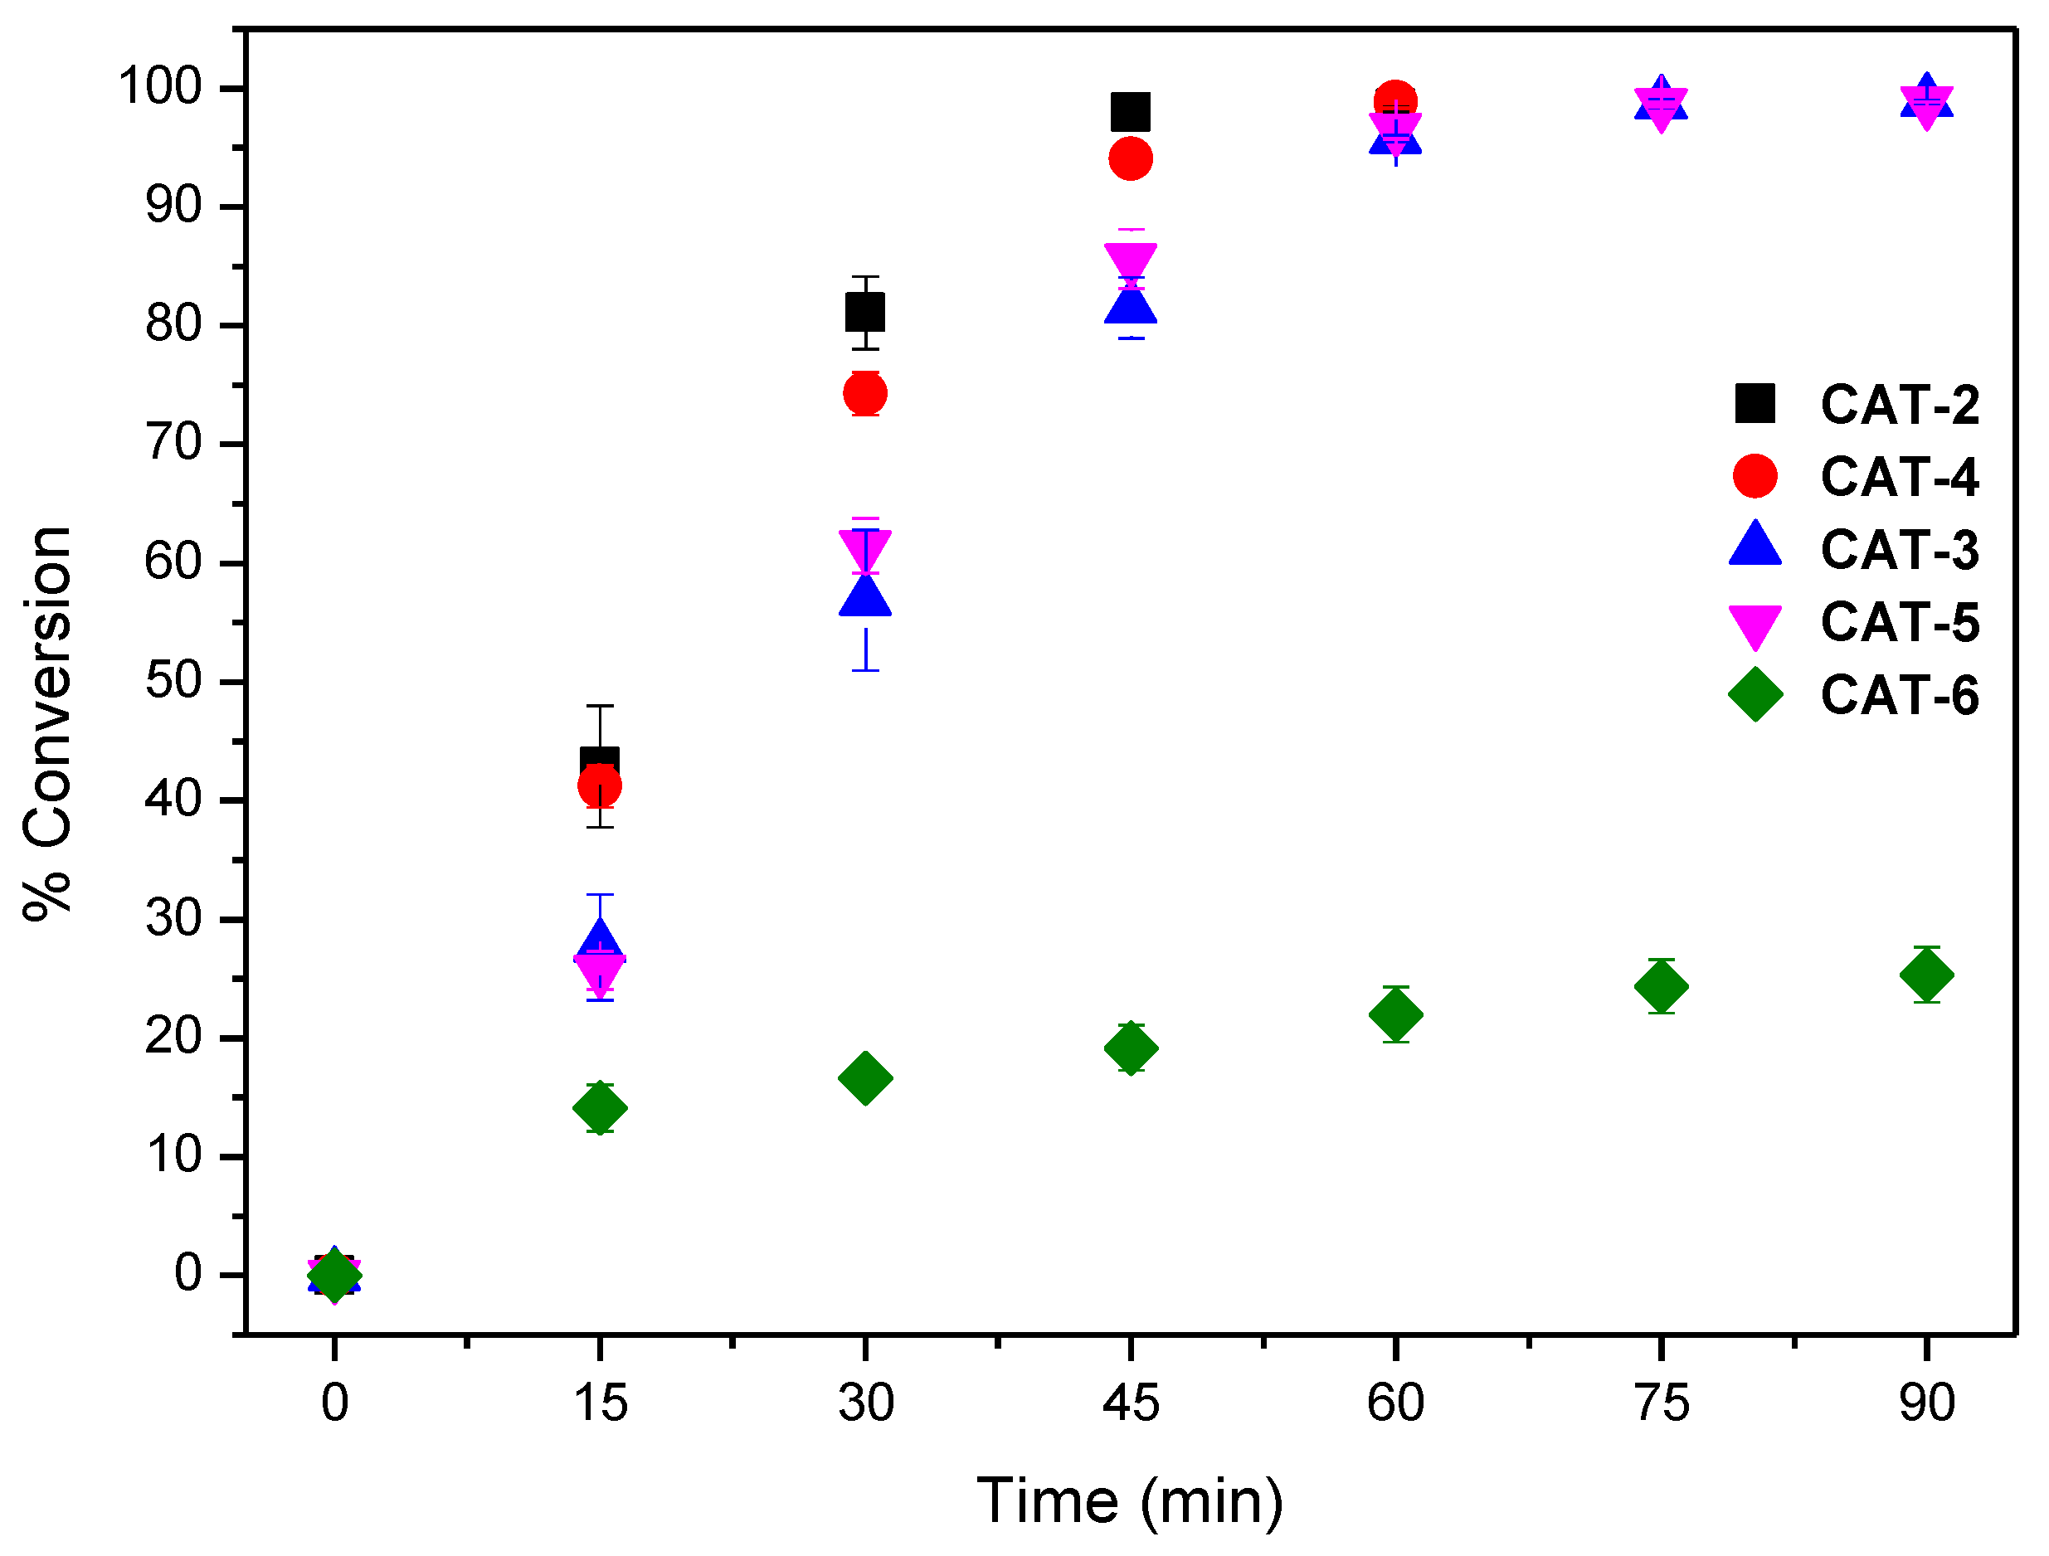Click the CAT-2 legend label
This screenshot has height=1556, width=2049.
(1899, 405)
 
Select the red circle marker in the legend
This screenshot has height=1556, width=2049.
(1755, 476)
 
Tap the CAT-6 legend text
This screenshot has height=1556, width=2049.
(1899, 696)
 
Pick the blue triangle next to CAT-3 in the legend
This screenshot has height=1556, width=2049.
(1755, 547)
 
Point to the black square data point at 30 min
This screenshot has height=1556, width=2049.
(865, 312)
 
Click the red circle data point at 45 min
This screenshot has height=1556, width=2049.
(1130, 159)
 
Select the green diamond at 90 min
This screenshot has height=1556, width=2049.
(1927, 975)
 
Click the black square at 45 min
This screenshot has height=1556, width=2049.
(1130, 112)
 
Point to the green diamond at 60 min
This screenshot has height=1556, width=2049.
(1395, 1015)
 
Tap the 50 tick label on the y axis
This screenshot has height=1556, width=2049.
(173, 682)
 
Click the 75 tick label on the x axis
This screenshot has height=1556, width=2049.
(1661, 1403)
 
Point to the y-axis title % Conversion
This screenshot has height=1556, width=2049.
(48, 722)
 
